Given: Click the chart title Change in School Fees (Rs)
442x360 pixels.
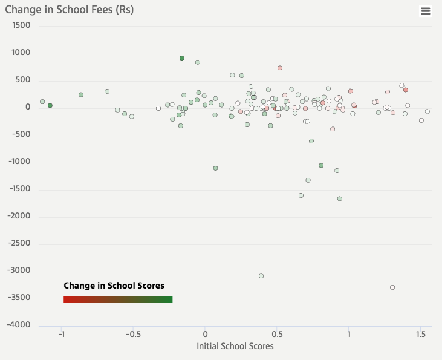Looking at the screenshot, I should click(70, 10).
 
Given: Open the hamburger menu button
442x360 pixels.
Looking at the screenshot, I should click(426, 11).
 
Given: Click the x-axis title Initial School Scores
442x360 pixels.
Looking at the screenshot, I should click(235, 347).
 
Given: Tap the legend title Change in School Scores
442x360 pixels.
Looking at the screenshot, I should click(114, 286).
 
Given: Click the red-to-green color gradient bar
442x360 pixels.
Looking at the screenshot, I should click(118, 299).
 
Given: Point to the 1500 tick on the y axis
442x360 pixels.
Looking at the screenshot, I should click(21, 26).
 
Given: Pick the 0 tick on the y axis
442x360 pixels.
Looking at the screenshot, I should click(28, 108).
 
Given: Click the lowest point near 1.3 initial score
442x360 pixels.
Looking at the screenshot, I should click(392, 287).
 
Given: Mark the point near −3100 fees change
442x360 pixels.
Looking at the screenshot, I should click(261, 276).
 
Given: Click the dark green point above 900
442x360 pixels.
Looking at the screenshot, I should click(182, 58).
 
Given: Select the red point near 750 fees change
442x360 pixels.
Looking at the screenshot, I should click(280, 68).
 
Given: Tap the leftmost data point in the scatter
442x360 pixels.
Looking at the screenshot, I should click(42, 102).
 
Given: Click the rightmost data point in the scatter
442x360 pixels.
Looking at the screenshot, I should click(427, 111).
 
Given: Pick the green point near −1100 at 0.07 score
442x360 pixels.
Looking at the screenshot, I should click(215, 168).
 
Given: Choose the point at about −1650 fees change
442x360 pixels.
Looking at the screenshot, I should click(340, 198).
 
